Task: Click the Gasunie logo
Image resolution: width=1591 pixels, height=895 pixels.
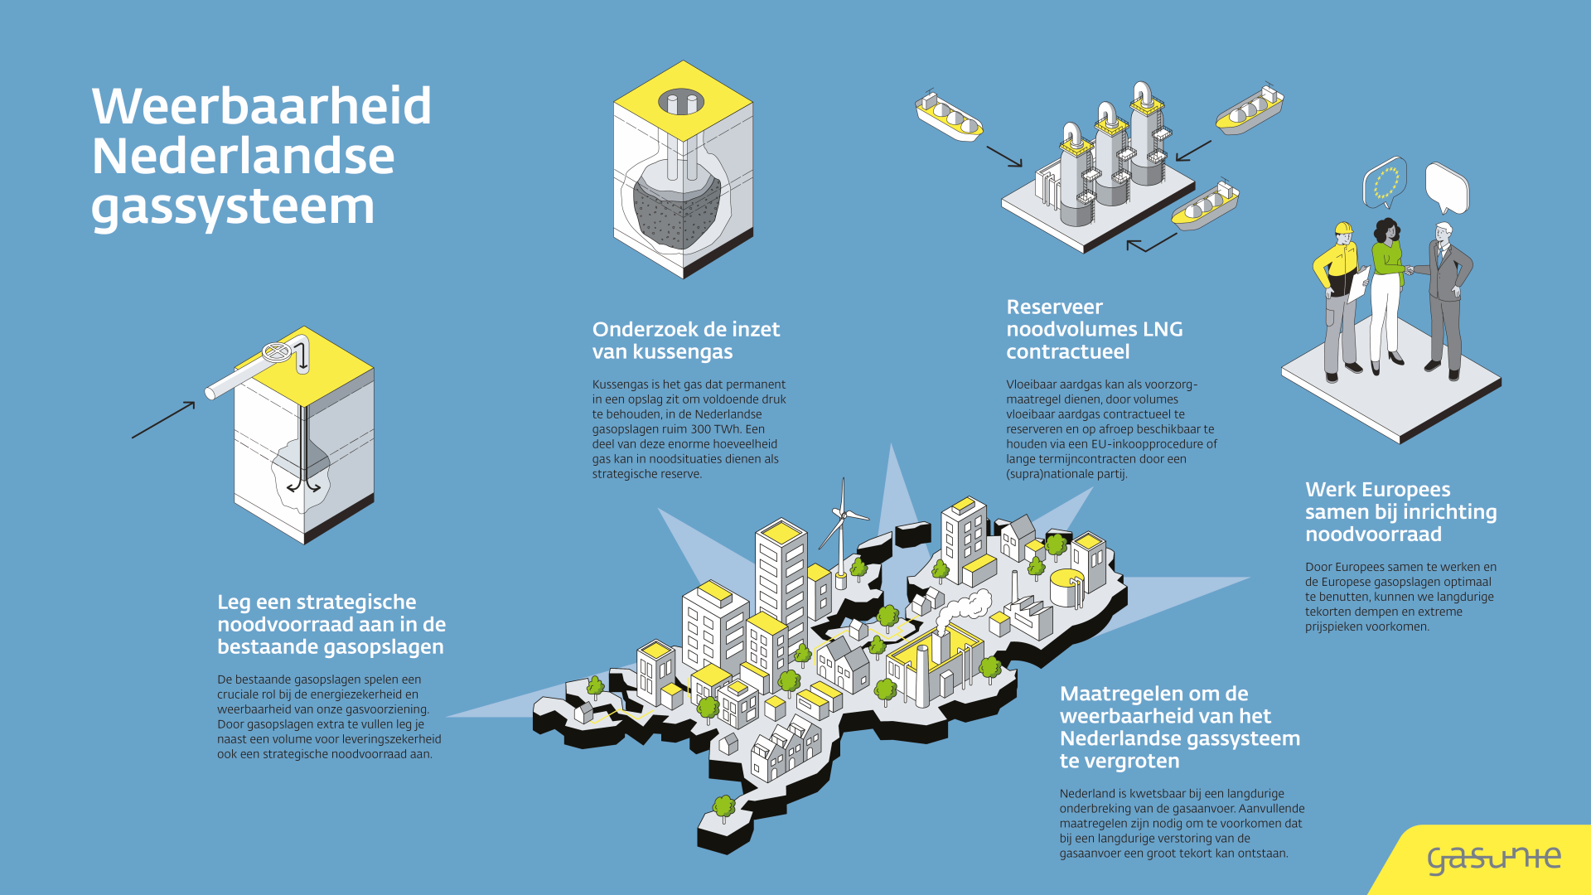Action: (1494, 859)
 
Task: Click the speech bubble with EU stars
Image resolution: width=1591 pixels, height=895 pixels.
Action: (1385, 182)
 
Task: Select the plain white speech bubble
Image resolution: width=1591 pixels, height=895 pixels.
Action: (1447, 188)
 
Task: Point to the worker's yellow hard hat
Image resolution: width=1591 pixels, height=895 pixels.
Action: (1343, 229)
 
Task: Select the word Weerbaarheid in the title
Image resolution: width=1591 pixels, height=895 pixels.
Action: (261, 107)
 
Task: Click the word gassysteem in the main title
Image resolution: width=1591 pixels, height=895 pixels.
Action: (233, 207)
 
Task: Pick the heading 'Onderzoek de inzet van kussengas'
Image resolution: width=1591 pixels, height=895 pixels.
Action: (686, 341)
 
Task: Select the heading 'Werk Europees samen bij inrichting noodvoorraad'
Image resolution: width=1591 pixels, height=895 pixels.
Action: (1400, 512)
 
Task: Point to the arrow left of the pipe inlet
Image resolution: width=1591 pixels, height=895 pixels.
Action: (163, 420)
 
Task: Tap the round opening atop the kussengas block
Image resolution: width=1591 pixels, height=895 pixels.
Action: (681, 104)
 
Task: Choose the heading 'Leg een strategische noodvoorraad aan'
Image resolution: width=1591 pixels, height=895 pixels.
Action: (331, 624)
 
